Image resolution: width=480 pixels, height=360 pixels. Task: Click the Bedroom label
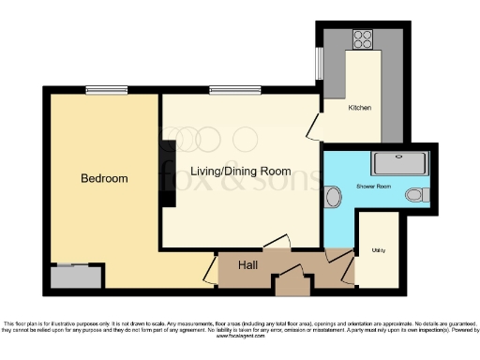point(104,178)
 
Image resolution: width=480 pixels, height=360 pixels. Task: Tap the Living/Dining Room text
point(241,172)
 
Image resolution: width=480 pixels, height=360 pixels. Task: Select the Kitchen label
point(360,108)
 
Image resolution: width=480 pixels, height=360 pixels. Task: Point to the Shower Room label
point(372,187)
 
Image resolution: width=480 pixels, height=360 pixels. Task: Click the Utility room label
point(379,251)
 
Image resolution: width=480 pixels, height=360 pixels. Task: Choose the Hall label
point(248,266)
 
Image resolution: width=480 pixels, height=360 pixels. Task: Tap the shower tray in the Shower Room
point(400,163)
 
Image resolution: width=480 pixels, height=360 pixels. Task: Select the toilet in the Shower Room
point(416,195)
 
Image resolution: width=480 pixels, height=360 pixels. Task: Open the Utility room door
point(349,272)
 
